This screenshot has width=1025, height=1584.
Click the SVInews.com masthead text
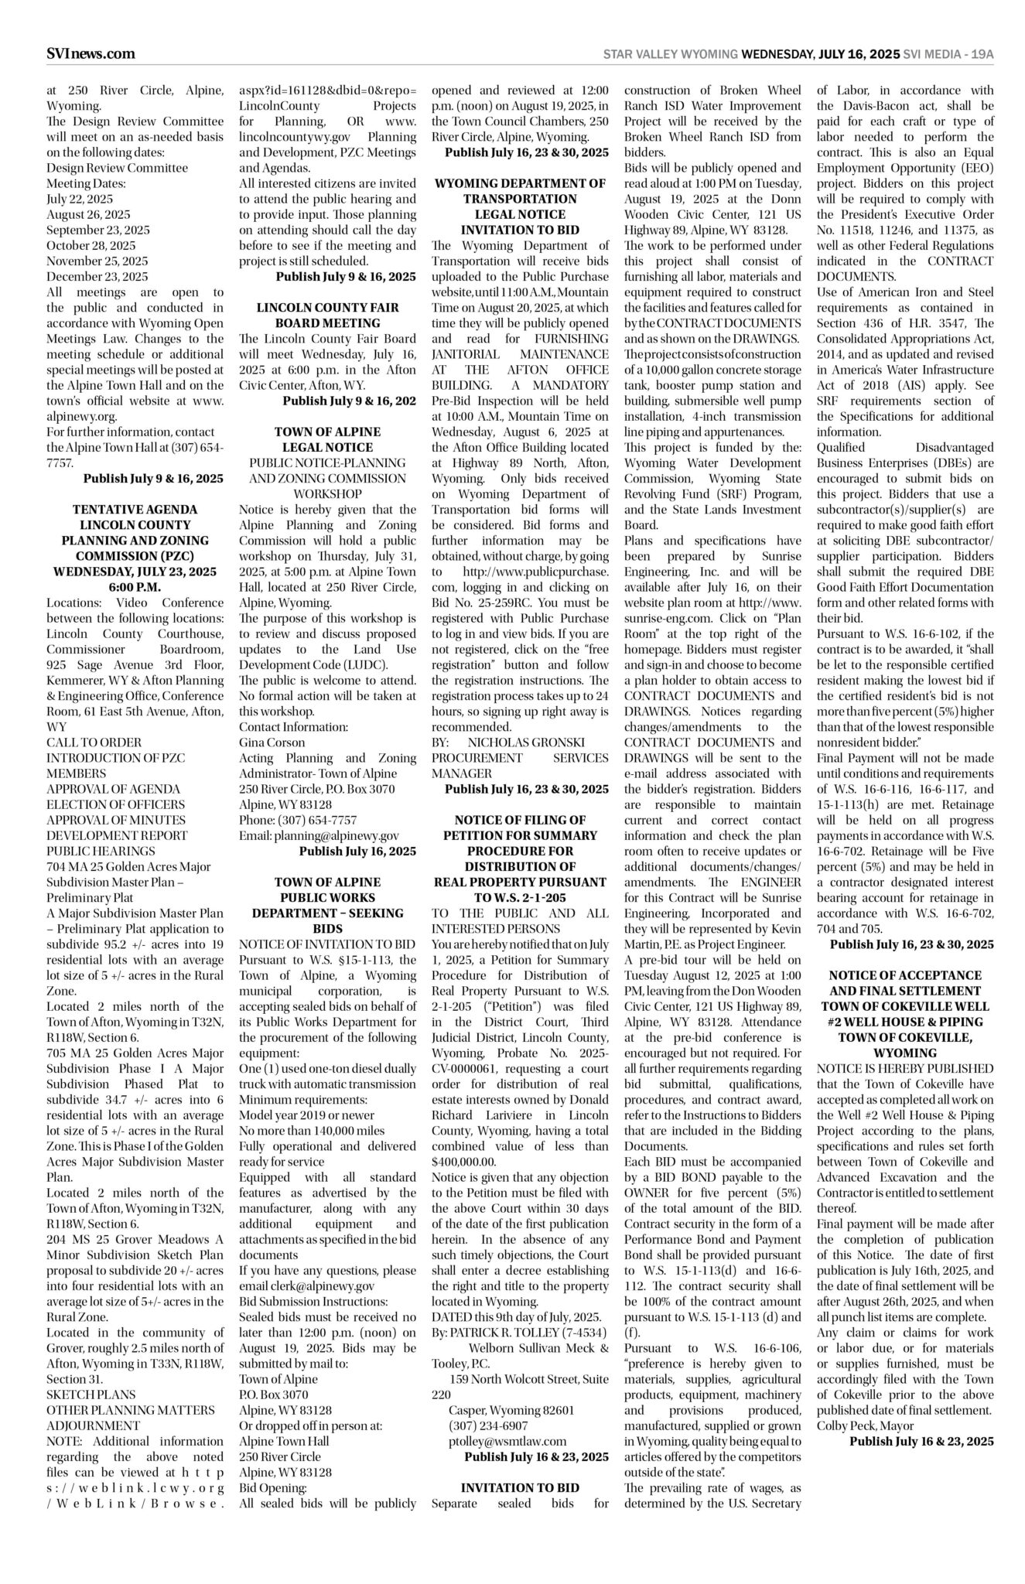(x=91, y=53)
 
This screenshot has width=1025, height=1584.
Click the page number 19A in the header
(x=982, y=54)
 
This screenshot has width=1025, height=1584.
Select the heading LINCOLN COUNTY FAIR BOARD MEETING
(x=327, y=315)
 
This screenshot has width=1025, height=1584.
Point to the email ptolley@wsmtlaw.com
(x=507, y=1441)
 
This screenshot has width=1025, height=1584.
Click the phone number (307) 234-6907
(x=488, y=1425)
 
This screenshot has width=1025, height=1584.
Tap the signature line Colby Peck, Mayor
(x=865, y=1425)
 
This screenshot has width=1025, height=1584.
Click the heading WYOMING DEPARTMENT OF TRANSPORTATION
(x=520, y=191)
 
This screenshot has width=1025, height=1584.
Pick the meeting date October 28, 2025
(x=91, y=245)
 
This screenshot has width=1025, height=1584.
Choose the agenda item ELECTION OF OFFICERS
(x=116, y=804)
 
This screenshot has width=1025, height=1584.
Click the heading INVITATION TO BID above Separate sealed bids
(x=520, y=1487)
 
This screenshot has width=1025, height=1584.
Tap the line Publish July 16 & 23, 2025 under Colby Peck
(x=921, y=1441)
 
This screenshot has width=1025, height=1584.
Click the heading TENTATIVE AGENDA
(x=135, y=509)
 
